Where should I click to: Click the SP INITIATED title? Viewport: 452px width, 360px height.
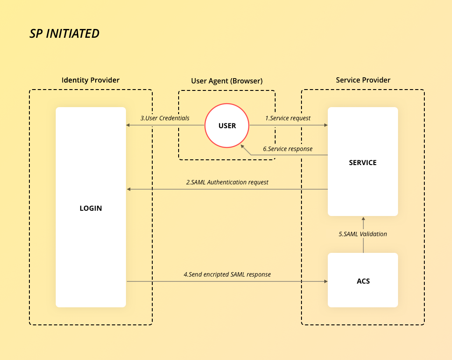(x=65, y=33)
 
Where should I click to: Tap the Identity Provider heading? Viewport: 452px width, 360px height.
(x=90, y=80)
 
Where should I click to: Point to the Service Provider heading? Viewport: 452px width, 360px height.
(x=363, y=80)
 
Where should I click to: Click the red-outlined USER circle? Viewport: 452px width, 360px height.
(x=227, y=126)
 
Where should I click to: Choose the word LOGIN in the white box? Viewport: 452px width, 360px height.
(x=91, y=208)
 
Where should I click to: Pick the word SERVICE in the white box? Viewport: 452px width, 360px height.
(x=362, y=162)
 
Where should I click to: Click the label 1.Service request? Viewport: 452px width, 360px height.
(x=288, y=118)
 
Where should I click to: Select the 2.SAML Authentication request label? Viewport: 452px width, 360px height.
(x=227, y=182)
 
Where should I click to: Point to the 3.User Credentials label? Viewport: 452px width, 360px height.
(x=165, y=118)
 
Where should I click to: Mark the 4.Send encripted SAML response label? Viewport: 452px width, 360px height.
(x=227, y=274)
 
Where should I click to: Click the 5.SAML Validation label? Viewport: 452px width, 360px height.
(x=363, y=234)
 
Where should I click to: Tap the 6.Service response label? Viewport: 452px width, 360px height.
(x=288, y=149)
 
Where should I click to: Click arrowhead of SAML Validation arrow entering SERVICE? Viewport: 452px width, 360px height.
(x=363, y=218)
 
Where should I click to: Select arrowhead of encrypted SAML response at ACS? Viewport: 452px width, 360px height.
(x=326, y=281)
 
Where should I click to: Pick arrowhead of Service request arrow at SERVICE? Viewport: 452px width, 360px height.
(x=326, y=125)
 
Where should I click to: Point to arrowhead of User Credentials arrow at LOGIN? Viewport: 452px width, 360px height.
(x=128, y=125)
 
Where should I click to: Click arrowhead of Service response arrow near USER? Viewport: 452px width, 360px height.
(x=243, y=146)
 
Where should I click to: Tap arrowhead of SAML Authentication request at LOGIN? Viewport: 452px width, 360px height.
(x=129, y=189)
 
